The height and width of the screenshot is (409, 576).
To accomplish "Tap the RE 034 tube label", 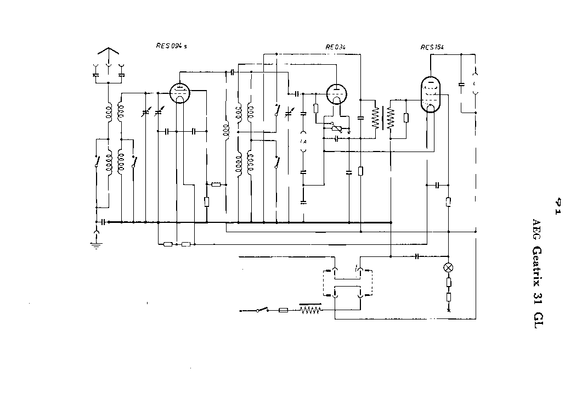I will [x=335, y=47].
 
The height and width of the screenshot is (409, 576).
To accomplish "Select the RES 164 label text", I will [x=432, y=47].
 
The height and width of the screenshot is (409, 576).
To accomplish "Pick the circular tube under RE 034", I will [x=334, y=94].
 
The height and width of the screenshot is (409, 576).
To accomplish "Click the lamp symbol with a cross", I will [x=449, y=268].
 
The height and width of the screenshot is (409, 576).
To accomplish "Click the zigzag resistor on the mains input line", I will [x=310, y=310].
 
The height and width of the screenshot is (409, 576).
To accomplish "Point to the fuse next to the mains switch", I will [x=284, y=310].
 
